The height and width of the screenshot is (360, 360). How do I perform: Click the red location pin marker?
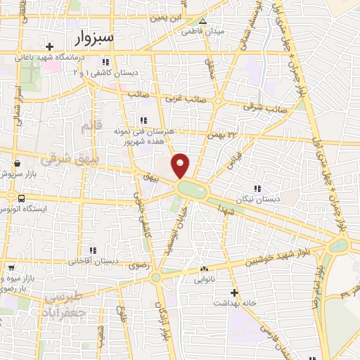181,165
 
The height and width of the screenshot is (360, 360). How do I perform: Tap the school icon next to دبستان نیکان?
257,188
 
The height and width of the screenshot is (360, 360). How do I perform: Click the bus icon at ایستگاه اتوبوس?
22,198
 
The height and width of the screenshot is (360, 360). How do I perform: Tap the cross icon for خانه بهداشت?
236,292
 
